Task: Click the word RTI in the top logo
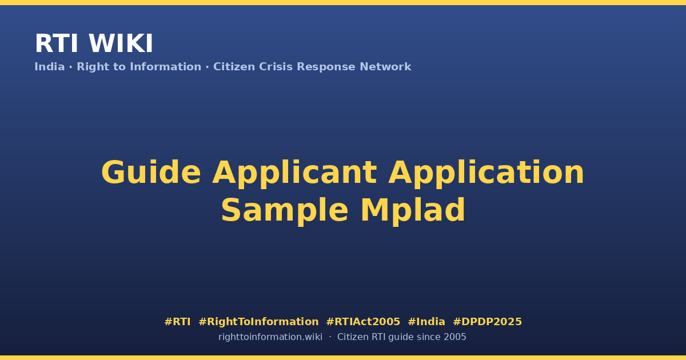[57, 43]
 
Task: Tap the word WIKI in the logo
[121, 43]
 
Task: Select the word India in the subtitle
[50, 67]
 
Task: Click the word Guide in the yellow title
[151, 173]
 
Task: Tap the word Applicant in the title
[294, 174]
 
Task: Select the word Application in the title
[486, 174]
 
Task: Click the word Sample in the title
[285, 211]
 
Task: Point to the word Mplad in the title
[413, 211]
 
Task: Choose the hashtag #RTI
[177, 322]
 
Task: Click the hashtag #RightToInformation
[258, 322]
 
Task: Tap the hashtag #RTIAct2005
[363, 322]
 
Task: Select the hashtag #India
[426, 322]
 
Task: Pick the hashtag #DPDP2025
[487, 322]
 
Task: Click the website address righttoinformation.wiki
[270, 337]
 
